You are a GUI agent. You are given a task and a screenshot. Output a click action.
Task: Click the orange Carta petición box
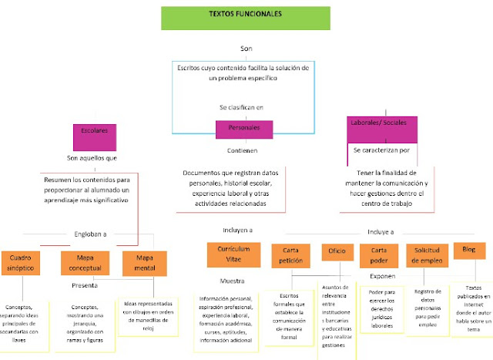[290, 255]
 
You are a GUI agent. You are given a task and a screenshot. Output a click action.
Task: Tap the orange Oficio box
[336, 252]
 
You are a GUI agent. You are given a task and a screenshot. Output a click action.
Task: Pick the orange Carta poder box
[379, 255]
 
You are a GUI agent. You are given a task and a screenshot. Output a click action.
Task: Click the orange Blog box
[469, 251]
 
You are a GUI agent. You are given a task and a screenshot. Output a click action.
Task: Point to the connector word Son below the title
[246, 49]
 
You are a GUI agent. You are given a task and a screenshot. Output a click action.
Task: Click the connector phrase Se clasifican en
[241, 107]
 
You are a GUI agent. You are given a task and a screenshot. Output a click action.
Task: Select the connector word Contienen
[242, 150]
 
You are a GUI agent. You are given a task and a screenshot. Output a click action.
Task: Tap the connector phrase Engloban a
[90, 234]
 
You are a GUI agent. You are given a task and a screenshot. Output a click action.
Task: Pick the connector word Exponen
[383, 275]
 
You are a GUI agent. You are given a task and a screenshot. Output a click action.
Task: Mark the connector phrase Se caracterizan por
[386, 150]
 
